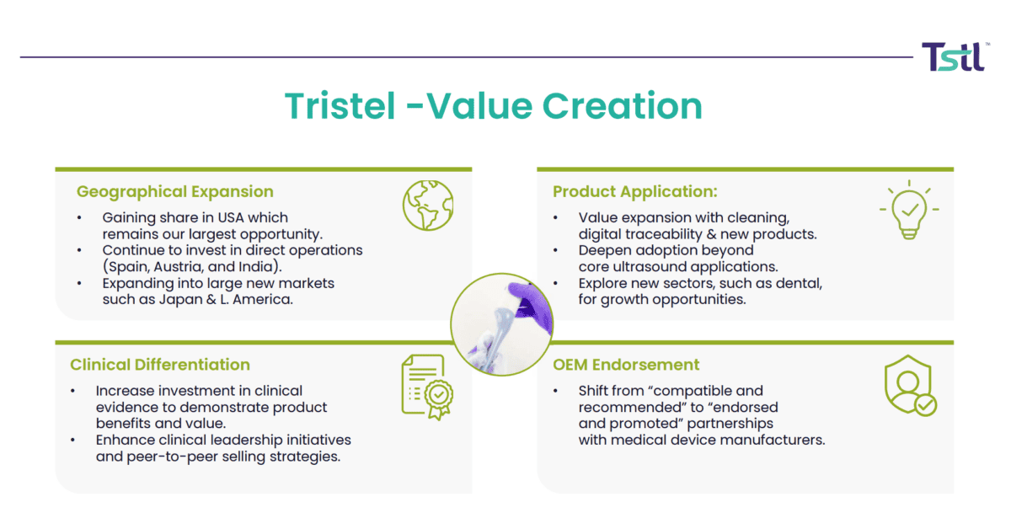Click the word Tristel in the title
pos(340,106)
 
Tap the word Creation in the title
pos(622,106)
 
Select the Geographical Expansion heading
pos(175,191)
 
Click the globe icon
pos(428,206)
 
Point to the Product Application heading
pos(635,191)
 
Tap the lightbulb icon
pos(909,210)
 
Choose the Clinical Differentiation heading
pos(160,365)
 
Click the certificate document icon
pos(427,387)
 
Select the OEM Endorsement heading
pos(626,365)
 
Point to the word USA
pos(231,217)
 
